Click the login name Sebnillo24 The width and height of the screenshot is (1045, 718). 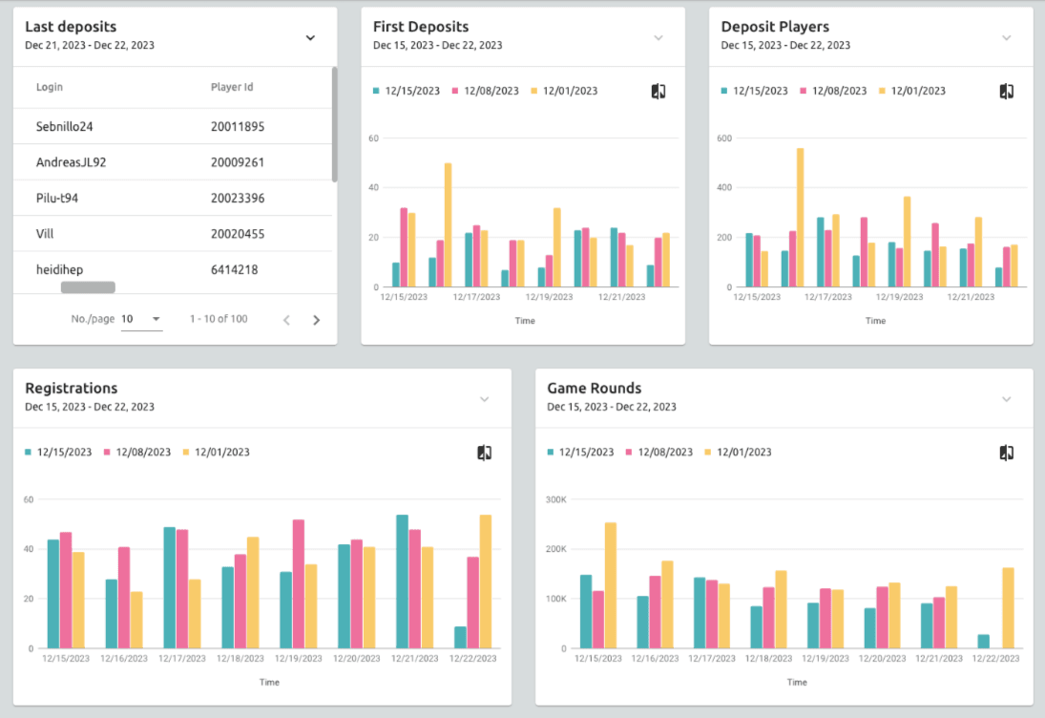[x=65, y=126]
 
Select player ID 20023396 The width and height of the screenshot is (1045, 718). [x=238, y=199]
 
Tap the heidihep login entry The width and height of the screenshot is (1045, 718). [x=59, y=270]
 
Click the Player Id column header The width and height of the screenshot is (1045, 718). [x=232, y=87]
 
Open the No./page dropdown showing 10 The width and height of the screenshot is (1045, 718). [x=141, y=319]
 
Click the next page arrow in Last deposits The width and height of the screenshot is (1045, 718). [x=317, y=320]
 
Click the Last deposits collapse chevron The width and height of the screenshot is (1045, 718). [x=310, y=37]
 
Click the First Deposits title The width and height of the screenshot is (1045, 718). [x=421, y=27]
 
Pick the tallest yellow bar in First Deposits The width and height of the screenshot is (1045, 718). [x=448, y=224]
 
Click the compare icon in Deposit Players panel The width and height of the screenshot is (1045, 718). [x=1006, y=91]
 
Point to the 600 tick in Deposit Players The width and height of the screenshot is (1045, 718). [x=725, y=138]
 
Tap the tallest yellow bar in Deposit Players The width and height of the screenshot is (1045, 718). [x=800, y=218]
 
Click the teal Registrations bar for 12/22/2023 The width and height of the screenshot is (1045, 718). [x=461, y=637]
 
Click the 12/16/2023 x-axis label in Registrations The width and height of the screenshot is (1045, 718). [x=125, y=659]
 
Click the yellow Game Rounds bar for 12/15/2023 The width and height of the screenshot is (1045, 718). [x=610, y=585]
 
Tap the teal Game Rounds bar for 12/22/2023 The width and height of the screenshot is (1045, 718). [x=983, y=641]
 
